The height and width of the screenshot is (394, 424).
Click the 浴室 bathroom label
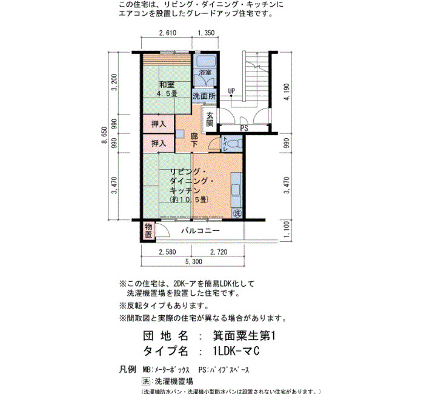[205, 73]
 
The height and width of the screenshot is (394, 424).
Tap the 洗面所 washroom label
[204, 96]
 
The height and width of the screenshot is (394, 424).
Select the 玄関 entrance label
[210, 119]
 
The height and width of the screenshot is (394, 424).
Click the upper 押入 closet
[159, 124]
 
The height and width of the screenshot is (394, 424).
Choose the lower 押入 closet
[159, 143]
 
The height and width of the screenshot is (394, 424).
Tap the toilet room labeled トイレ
[231, 144]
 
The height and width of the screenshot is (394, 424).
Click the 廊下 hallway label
[194, 140]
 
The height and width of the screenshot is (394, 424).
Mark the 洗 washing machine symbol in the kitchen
[237, 213]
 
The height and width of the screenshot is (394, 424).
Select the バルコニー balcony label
[200, 231]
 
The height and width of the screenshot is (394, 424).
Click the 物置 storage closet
[148, 231]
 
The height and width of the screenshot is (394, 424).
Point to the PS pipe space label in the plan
[244, 128]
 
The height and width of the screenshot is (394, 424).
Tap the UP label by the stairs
[231, 91]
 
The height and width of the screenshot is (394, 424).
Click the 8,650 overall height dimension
[105, 135]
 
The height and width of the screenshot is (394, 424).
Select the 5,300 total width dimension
[194, 262]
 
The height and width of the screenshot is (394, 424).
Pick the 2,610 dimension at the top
[168, 33]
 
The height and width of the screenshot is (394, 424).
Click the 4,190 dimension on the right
[287, 92]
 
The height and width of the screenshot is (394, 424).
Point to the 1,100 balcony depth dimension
[287, 229]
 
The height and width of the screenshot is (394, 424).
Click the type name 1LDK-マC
[236, 351]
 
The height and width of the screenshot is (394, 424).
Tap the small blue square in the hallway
[180, 134]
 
